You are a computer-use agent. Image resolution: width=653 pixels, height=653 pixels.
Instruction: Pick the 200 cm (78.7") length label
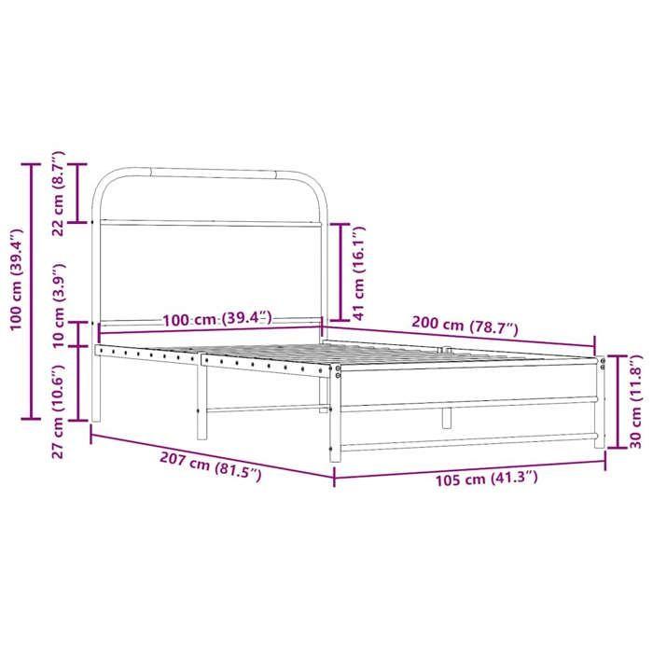(465, 326)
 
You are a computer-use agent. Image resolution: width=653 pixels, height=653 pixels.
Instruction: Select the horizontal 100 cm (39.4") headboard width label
(216, 319)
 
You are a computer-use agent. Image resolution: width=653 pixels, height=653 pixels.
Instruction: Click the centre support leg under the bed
(447, 417)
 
